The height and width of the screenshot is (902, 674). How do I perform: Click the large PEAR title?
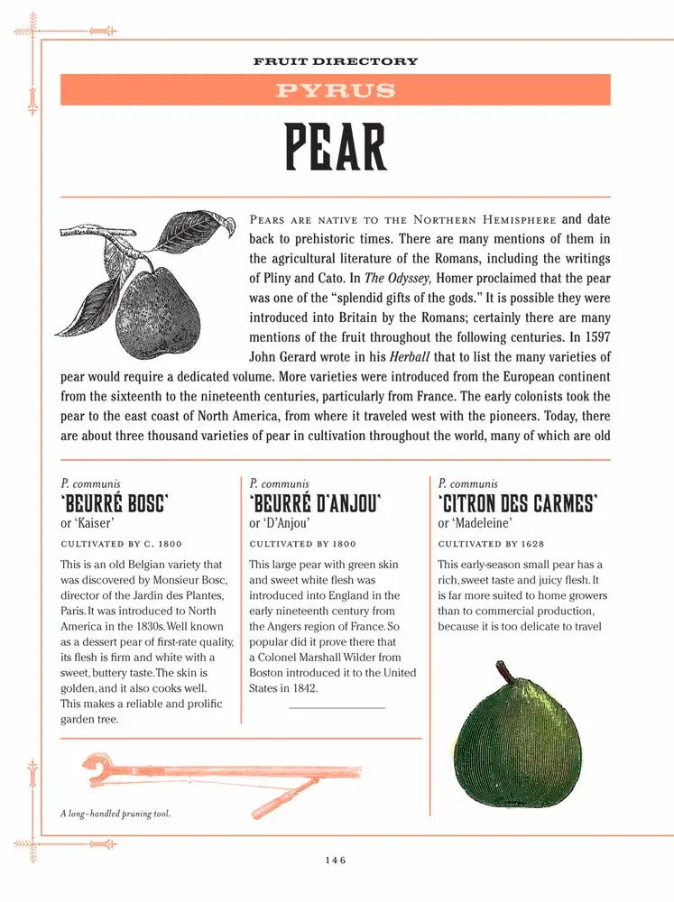pyautogui.click(x=336, y=147)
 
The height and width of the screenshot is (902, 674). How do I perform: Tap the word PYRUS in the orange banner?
pyautogui.click(x=336, y=90)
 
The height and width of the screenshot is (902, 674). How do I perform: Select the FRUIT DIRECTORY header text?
pyautogui.click(x=336, y=61)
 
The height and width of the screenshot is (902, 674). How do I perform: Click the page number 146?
pyautogui.click(x=336, y=861)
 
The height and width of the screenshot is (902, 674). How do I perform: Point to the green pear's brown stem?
pyautogui.click(x=508, y=672)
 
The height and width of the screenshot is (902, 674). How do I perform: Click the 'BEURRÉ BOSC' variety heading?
pyautogui.click(x=115, y=503)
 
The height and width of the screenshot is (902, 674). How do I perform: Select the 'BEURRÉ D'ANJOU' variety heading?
pyautogui.click(x=315, y=503)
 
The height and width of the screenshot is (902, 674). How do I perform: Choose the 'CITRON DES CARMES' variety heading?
pyautogui.click(x=518, y=503)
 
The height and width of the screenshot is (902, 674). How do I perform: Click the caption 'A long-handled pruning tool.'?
pyautogui.click(x=115, y=814)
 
